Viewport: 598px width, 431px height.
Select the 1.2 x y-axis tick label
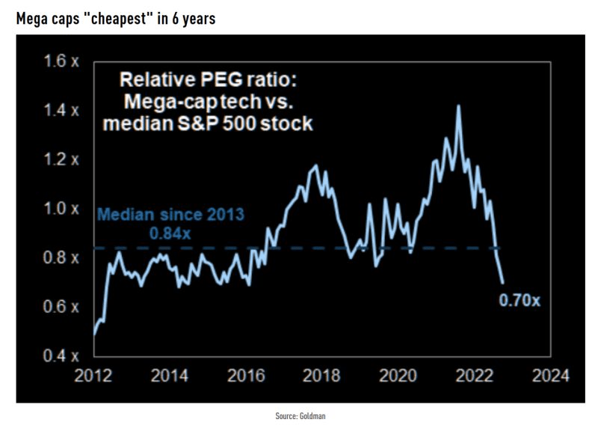(58, 159)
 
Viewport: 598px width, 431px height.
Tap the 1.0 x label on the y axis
(58, 209)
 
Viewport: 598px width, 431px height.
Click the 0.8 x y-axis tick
(58, 258)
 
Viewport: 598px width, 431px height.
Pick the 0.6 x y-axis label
(58, 307)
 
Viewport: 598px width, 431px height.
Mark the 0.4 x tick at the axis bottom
(58, 356)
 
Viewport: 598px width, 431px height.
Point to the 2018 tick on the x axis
(324, 375)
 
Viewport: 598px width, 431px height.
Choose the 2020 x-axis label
(401, 375)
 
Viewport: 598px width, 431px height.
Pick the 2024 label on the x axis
(554, 375)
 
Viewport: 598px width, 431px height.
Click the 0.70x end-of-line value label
(520, 302)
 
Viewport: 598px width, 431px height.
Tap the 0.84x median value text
(170, 233)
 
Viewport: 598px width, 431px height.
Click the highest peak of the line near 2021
(458, 106)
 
